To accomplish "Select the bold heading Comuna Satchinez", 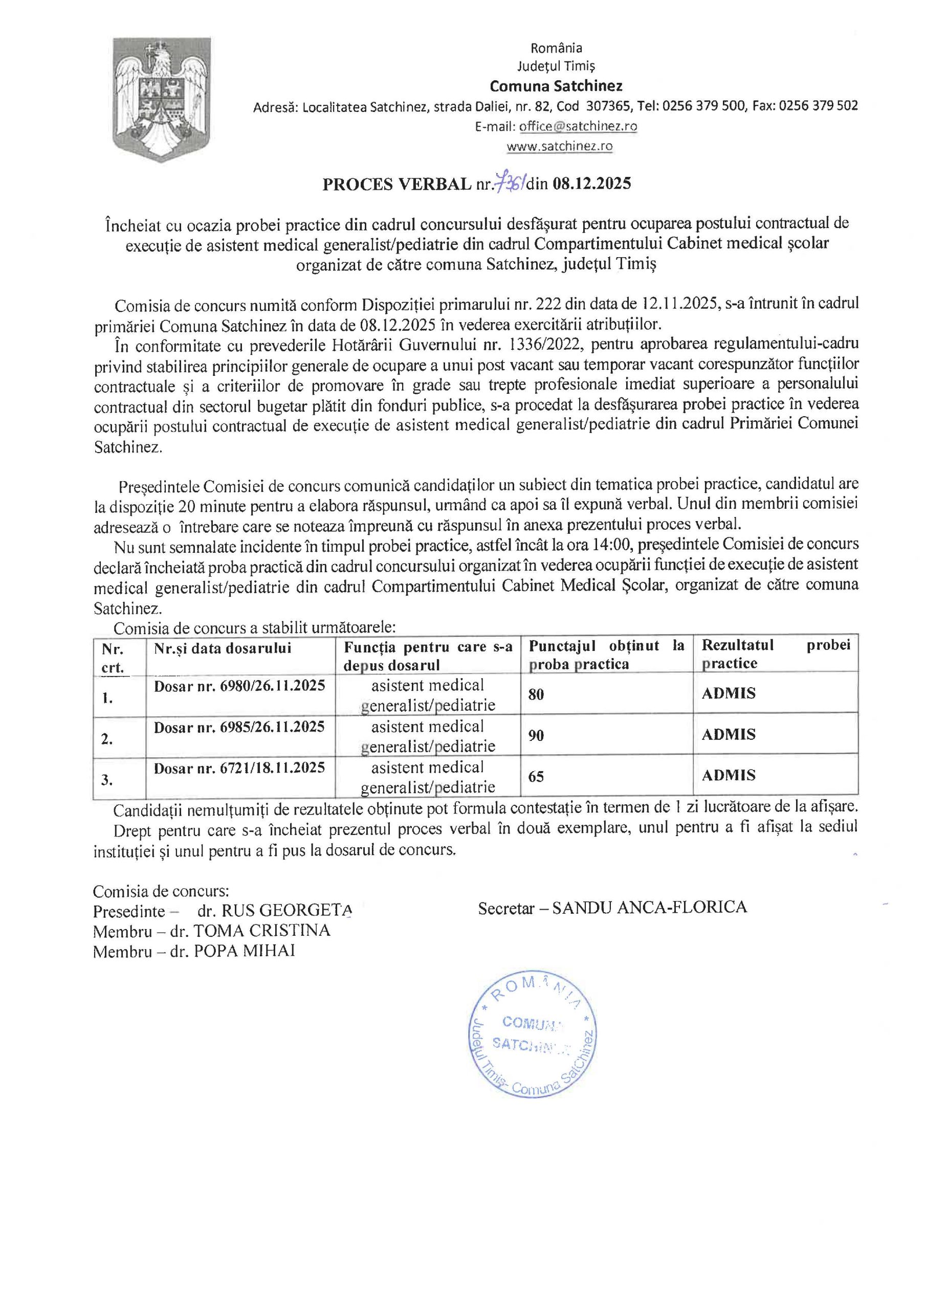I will tap(556, 86).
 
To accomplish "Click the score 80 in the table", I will tap(536, 694).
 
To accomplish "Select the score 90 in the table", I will tap(536, 735).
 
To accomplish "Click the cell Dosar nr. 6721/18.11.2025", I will tap(239, 768).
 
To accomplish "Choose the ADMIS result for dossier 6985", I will tap(729, 734).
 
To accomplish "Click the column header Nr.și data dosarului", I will tap(223, 648).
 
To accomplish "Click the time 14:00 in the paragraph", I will tap(612, 546).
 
